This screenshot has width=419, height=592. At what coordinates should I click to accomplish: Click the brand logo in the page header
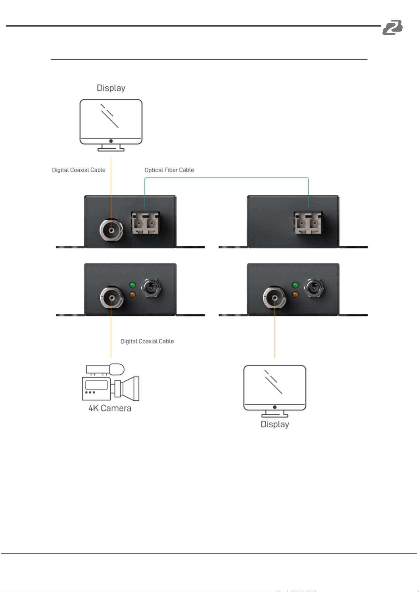392,27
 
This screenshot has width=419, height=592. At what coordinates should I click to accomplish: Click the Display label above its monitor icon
111,88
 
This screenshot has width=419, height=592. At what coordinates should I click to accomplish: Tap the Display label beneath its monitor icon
275,424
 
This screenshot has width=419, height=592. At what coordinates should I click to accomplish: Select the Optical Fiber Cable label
169,170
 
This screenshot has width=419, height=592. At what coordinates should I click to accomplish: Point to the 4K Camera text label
110,408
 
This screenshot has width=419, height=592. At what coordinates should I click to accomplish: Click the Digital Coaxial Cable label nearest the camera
147,341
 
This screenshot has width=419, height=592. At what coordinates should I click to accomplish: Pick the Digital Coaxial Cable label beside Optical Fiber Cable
79,170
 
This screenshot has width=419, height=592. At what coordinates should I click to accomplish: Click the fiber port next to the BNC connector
145,223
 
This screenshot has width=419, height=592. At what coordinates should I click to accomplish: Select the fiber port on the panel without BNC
308,223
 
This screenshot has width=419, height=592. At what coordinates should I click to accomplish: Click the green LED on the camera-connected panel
133,285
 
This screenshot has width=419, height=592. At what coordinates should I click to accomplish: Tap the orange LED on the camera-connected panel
133,295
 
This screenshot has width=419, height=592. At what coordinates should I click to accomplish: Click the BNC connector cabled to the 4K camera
112,298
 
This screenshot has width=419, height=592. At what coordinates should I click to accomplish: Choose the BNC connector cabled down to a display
274,298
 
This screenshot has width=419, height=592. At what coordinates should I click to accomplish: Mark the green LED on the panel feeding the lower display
296,285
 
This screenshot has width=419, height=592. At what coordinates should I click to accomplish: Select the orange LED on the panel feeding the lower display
296,295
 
